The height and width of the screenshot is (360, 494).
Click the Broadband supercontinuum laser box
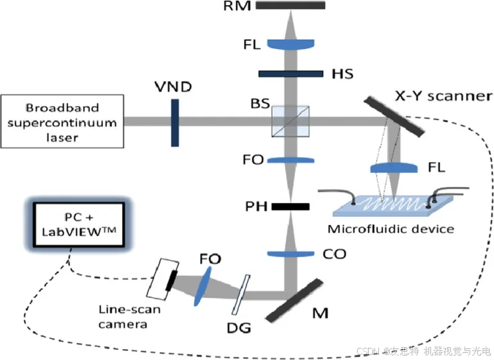pos(62,120)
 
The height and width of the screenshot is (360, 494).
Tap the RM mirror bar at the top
pos(290,5)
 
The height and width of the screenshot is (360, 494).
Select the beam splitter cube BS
pos(290,120)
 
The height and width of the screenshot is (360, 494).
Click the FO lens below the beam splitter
pos(290,159)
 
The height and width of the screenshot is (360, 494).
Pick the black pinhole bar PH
pos(290,207)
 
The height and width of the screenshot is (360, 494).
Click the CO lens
pos(290,253)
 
